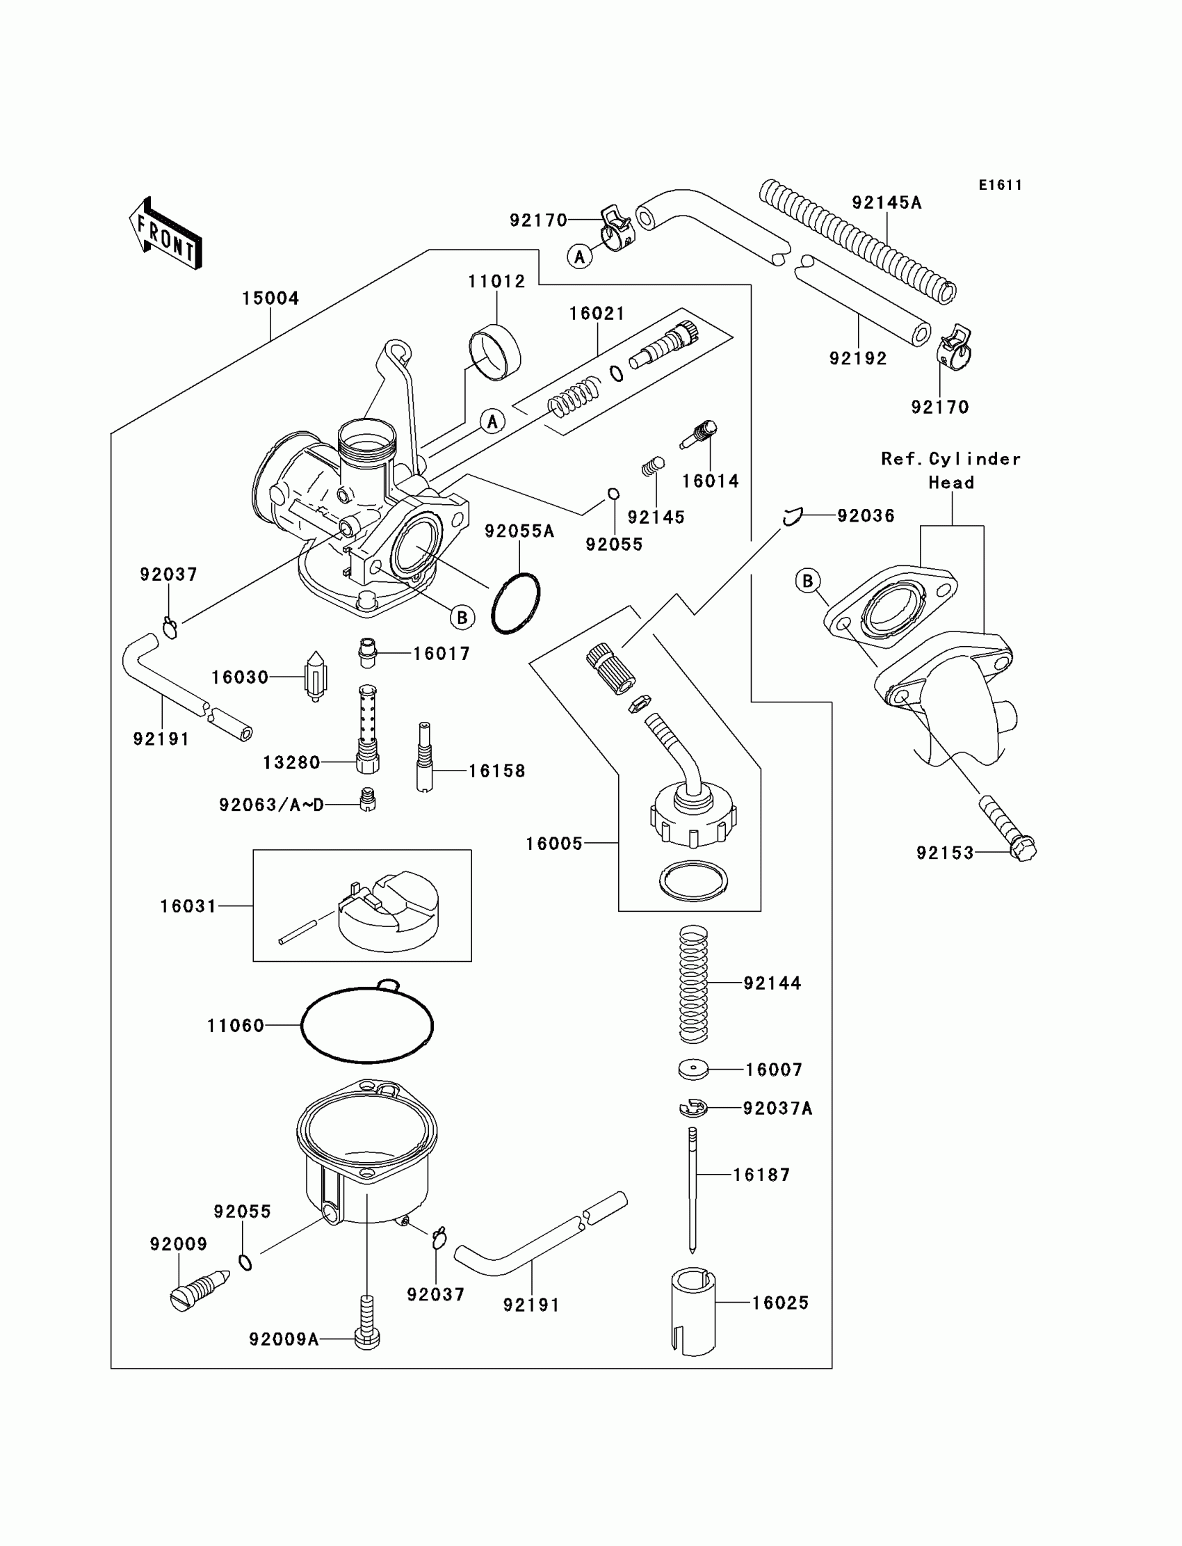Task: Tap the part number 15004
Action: coord(270,298)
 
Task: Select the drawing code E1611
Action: coord(1000,185)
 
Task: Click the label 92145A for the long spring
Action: coord(886,202)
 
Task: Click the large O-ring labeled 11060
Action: coord(366,1025)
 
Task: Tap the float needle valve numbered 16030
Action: coord(315,675)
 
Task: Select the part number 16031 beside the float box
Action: coord(188,906)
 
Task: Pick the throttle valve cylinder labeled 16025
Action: coord(694,1310)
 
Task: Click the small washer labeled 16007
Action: coord(693,1070)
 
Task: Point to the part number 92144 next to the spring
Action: coord(772,983)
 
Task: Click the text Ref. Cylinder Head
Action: coord(950,471)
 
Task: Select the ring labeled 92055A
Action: coord(516,604)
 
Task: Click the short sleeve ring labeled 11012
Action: coord(494,352)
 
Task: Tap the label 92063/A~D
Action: coord(272,805)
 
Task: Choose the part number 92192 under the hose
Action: coord(858,358)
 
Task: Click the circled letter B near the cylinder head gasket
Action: coord(808,581)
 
